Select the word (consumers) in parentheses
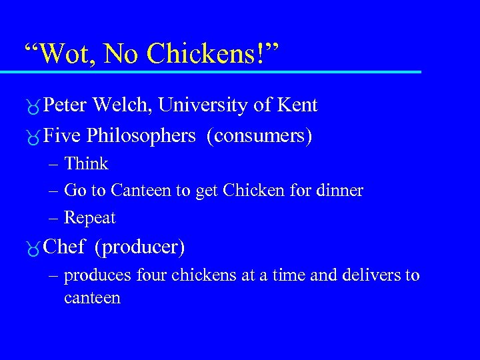click(x=259, y=136)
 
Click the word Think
click(x=86, y=164)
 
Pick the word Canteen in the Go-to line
click(x=141, y=191)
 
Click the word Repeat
click(x=90, y=218)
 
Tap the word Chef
click(x=63, y=247)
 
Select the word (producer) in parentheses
click(x=139, y=247)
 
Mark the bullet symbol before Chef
click(x=32, y=249)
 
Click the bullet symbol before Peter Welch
click(x=32, y=107)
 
